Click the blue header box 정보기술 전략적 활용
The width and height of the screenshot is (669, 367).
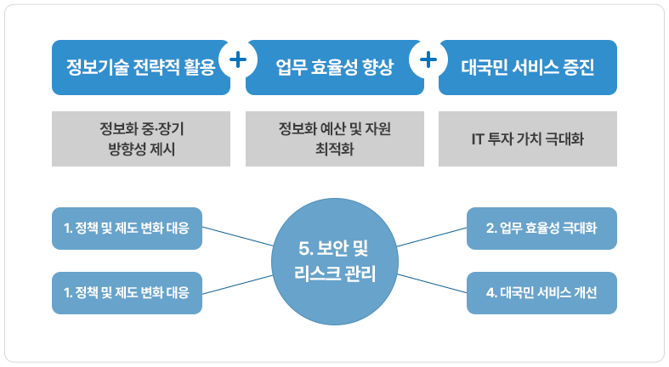pyautogui.click(x=141, y=67)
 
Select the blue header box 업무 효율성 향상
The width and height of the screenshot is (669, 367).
pyautogui.click(x=335, y=67)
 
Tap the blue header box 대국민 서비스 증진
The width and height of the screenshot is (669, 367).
pyautogui.click(x=528, y=67)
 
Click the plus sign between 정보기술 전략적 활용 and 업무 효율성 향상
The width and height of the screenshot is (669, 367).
pyautogui.click(x=238, y=59)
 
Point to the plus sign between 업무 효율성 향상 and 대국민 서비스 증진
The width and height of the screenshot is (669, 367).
pyautogui.click(x=428, y=59)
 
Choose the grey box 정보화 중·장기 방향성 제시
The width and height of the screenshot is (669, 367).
pyautogui.click(x=141, y=139)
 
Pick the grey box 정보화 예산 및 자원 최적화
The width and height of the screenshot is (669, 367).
pyautogui.click(x=335, y=139)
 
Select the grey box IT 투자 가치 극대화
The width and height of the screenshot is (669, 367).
pyautogui.click(x=528, y=139)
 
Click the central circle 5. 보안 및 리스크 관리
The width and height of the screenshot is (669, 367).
pyautogui.click(x=335, y=262)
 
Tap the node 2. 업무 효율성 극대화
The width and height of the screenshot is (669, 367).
pyautogui.click(x=541, y=229)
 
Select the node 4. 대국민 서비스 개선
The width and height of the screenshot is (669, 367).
pyautogui.click(x=541, y=293)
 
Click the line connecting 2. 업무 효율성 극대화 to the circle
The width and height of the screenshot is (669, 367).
pyautogui.click(x=432, y=237)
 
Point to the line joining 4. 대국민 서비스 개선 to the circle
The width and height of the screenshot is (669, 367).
pyautogui.click(x=432, y=284)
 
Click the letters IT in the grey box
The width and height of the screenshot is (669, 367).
pyautogui.click(x=478, y=139)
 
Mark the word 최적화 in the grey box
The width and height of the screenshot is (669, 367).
pyautogui.click(x=335, y=150)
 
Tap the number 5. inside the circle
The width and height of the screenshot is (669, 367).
pyautogui.click(x=306, y=249)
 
